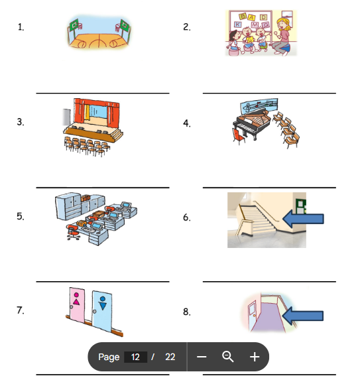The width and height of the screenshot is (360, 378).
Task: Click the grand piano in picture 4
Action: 252,123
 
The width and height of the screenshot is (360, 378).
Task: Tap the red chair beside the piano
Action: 239,136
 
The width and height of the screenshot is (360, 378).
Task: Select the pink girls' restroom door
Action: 76,304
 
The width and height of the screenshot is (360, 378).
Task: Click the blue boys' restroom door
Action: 102,310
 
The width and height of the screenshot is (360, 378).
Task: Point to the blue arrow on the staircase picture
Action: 303,219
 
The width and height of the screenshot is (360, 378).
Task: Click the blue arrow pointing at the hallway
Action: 302,316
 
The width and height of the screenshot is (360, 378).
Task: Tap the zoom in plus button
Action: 255,357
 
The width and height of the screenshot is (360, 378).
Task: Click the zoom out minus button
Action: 202,357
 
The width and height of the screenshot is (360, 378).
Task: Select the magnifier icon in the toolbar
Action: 227,357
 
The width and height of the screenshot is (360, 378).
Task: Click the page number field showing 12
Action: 135,357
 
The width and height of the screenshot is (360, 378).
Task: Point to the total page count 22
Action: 170,357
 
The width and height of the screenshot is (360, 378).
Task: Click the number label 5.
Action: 21,216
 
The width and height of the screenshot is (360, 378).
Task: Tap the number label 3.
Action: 21,122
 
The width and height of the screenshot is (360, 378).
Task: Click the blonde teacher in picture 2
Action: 282,36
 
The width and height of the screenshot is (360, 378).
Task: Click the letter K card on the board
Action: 237,24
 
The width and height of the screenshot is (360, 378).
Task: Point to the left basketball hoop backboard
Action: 74,25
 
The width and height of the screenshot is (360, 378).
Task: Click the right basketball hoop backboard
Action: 125,25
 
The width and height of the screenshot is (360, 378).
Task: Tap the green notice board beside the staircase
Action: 301,206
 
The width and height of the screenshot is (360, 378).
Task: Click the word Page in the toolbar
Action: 109,357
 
